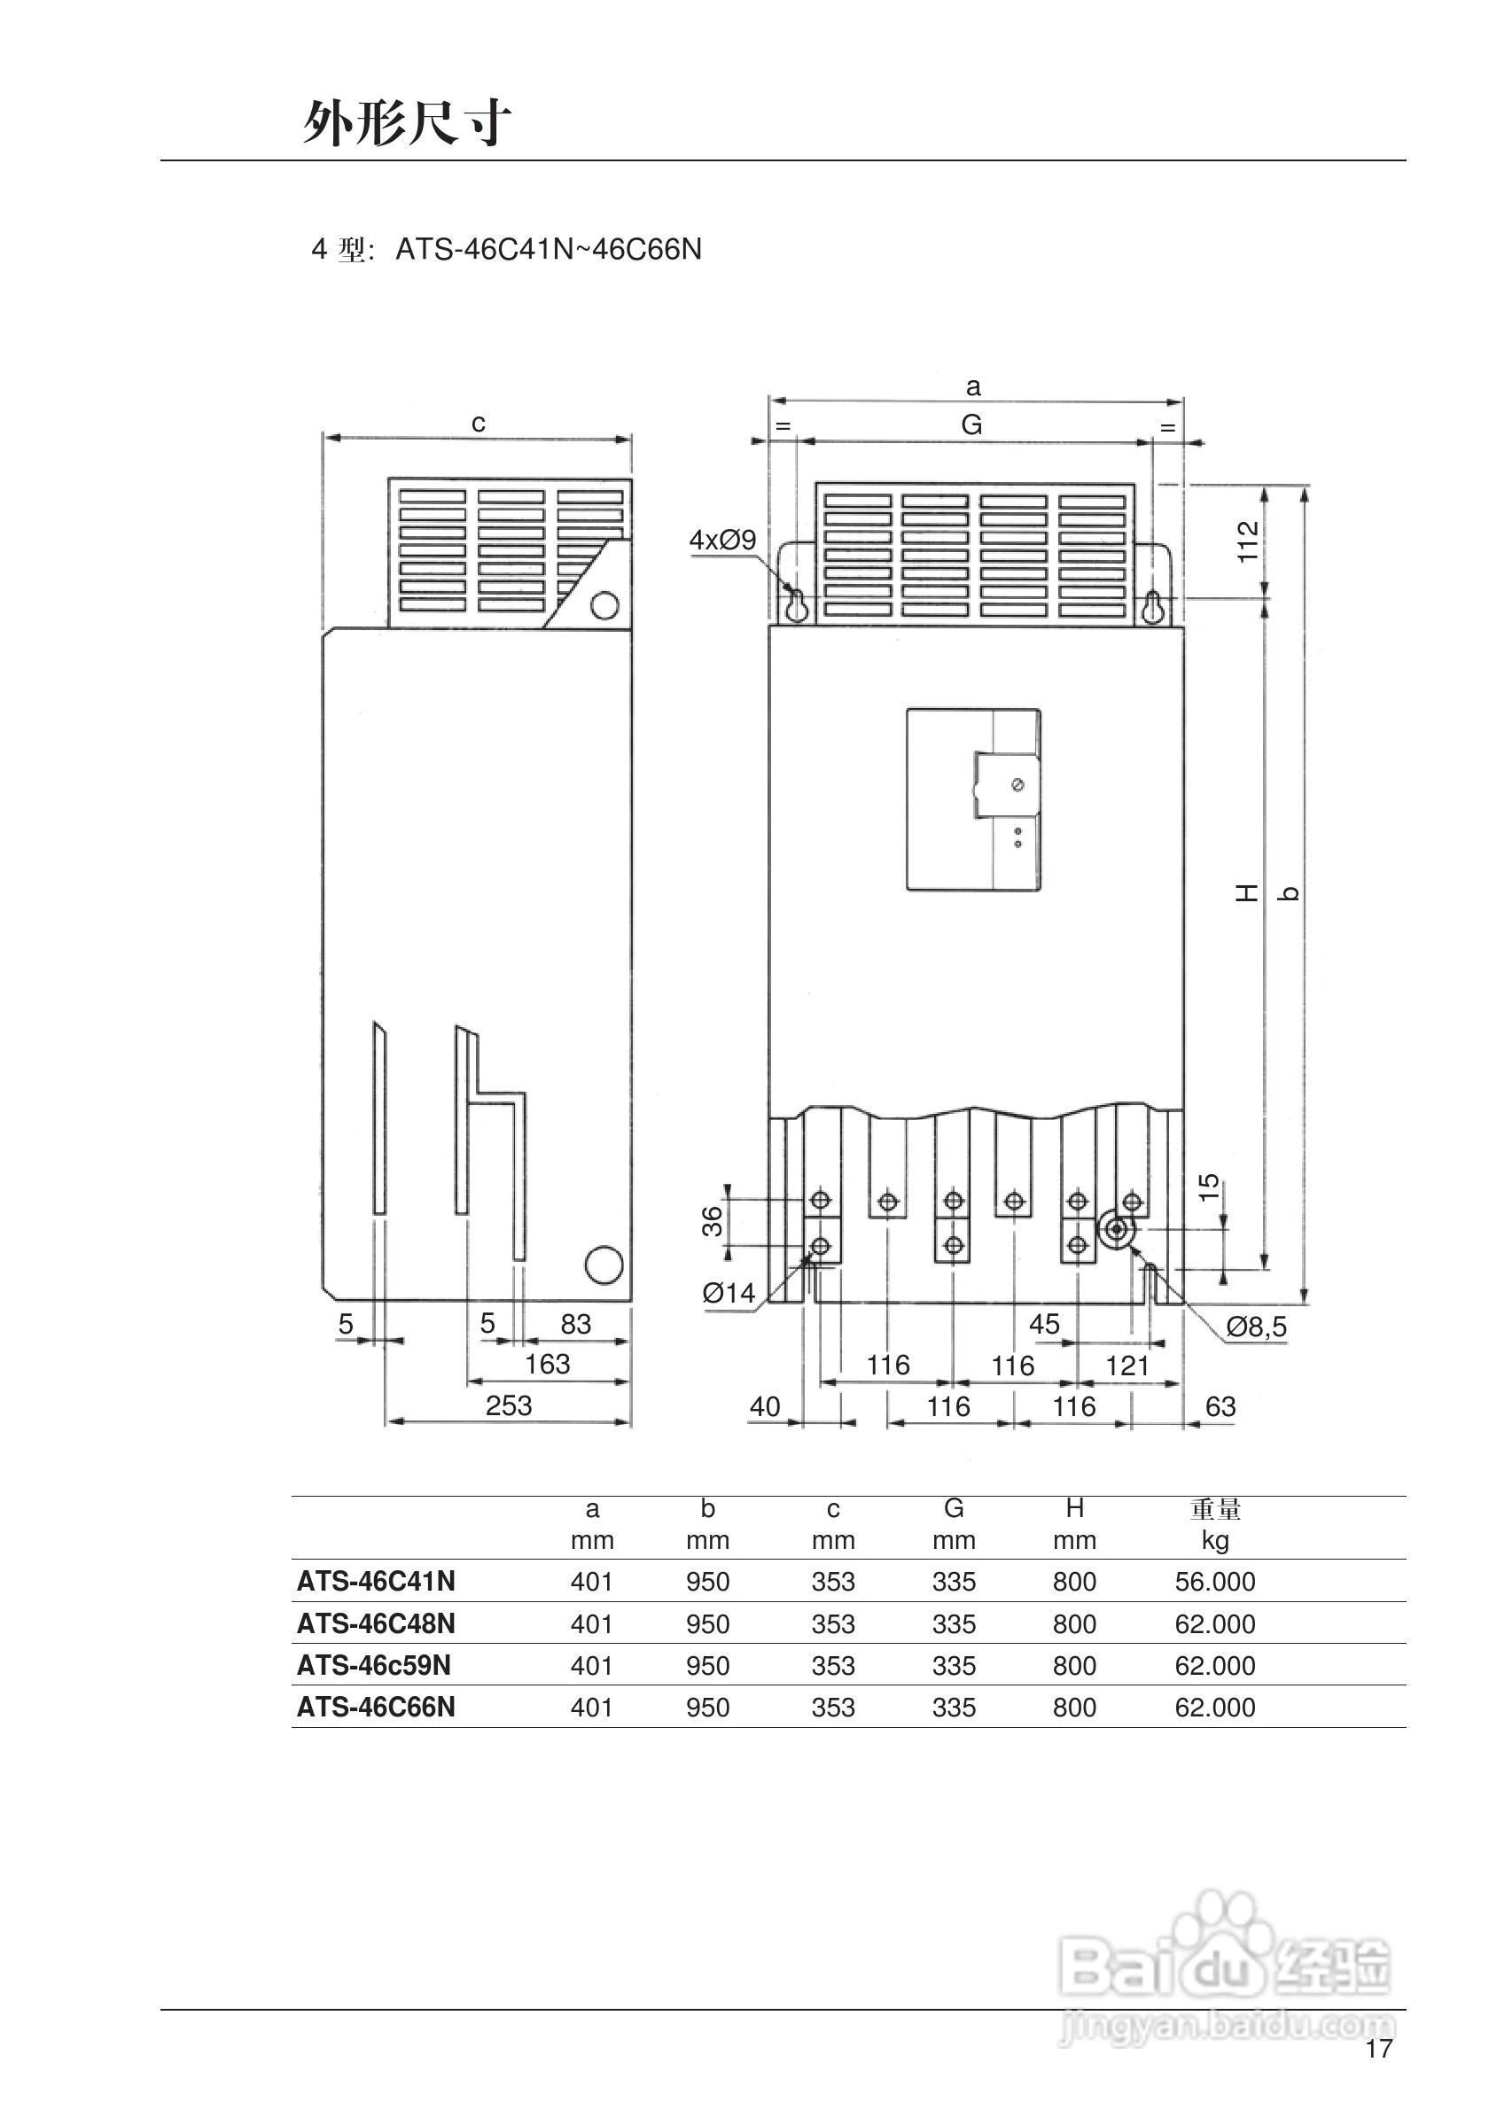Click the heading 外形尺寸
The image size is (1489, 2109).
(407, 122)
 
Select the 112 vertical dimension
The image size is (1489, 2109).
(1246, 541)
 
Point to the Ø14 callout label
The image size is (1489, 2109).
(729, 1294)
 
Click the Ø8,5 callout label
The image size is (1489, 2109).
(1256, 1327)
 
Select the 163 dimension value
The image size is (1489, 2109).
(548, 1364)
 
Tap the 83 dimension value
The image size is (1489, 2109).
(576, 1324)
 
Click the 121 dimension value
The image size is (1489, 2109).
(1127, 1366)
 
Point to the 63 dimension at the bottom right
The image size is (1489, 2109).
(1220, 1406)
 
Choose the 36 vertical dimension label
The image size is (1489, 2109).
(713, 1222)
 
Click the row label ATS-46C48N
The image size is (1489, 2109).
(376, 1624)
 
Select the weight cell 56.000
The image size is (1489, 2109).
(1214, 1582)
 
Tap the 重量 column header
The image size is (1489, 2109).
(1215, 1509)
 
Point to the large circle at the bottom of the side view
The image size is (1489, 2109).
(604, 1264)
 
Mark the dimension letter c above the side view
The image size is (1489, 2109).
(478, 423)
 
